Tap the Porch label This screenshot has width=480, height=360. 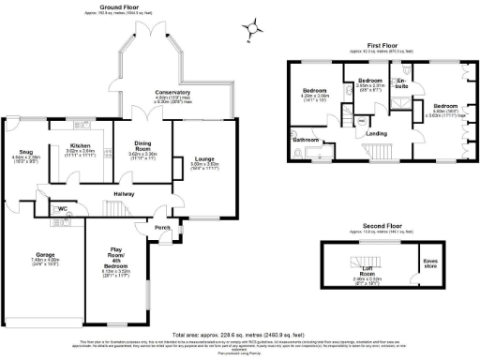pos(161,227)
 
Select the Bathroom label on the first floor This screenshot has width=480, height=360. pos(306,139)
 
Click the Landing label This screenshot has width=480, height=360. pos(377,133)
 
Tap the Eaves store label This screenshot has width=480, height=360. pos(431,262)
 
